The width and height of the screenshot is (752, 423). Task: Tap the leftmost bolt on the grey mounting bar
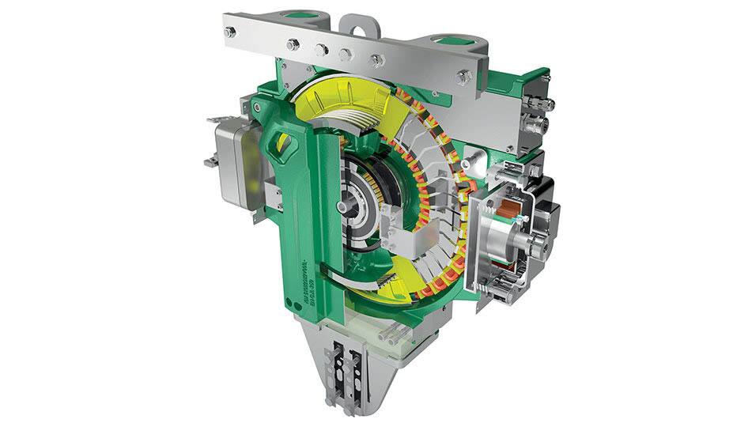click(230, 32)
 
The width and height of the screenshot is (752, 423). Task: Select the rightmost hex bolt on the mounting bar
click(463, 77)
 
